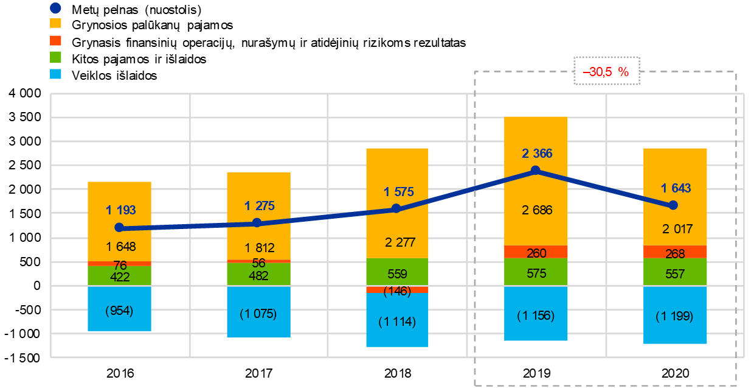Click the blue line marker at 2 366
(x=536, y=170)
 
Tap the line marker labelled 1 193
(x=119, y=227)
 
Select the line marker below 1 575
(x=396, y=208)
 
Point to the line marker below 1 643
(x=673, y=205)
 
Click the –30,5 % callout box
(x=606, y=71)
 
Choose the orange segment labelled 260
(x=536, y=252)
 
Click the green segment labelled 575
(x=536, y=272)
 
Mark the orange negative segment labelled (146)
(x=397, y=290)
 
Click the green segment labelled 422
(x=119, y=276)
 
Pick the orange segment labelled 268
(x=675, y=252)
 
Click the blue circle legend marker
(x=55, y=9)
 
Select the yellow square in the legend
(x=55, y=23)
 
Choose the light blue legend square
(x=55, y=74)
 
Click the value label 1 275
(x=260, y=206)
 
